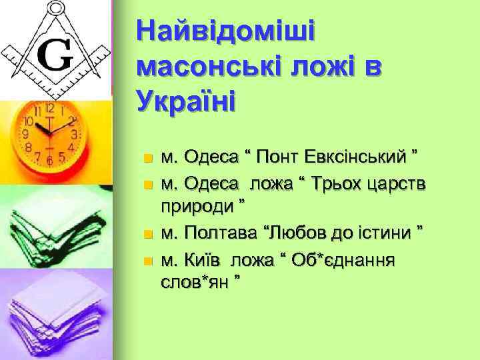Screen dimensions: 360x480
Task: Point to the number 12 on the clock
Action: point(50,107)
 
